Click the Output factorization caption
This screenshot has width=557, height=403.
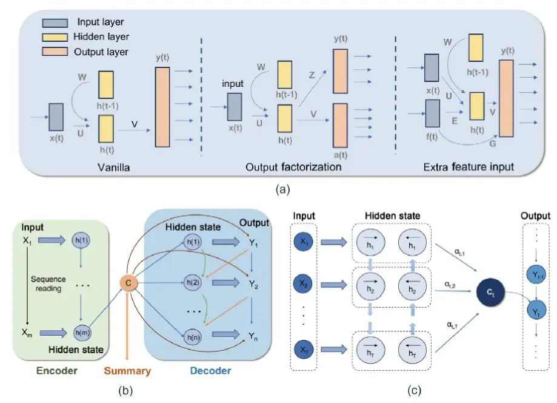point(294,166)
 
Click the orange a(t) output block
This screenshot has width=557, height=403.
point(341,125)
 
